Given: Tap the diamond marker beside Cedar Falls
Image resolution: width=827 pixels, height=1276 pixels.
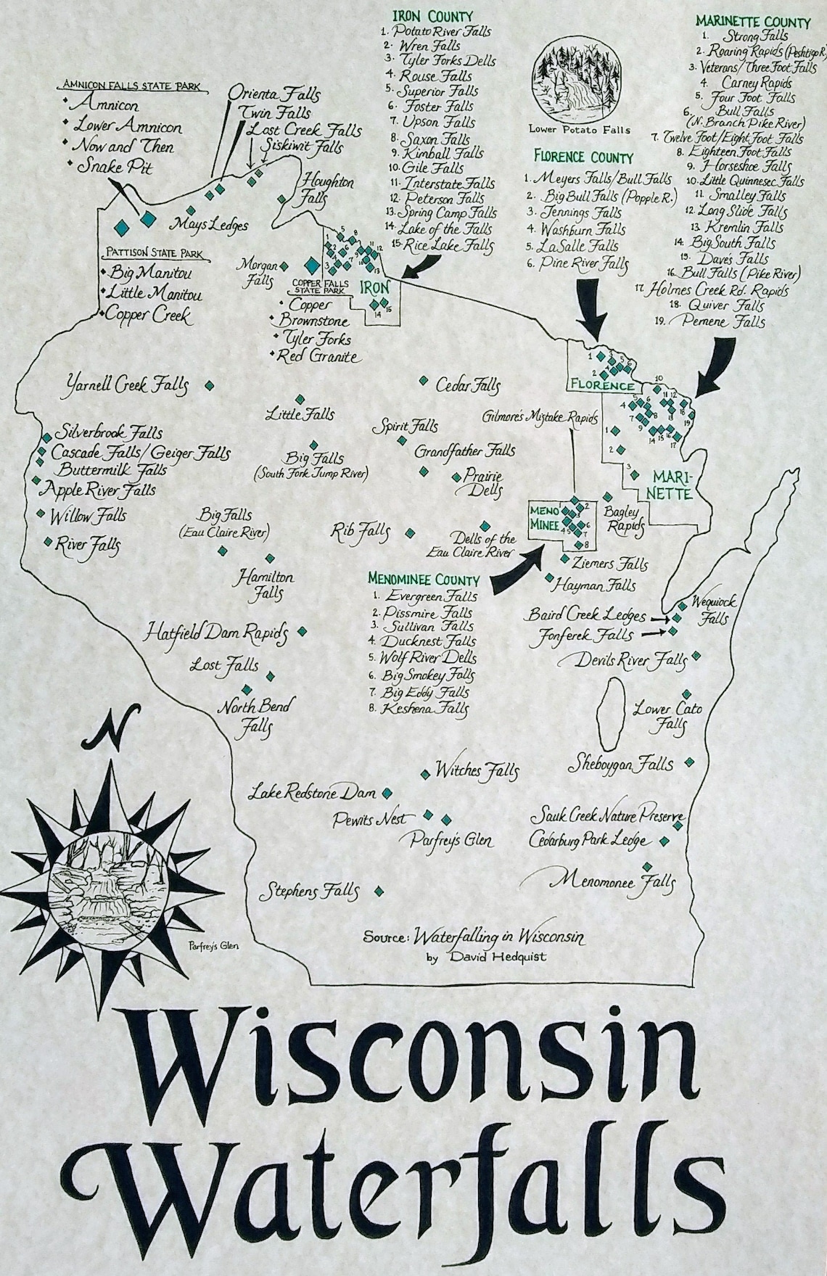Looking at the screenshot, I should click(x=422, y=380).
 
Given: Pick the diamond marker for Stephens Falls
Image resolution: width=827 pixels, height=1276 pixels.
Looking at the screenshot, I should click(x=378, y=891).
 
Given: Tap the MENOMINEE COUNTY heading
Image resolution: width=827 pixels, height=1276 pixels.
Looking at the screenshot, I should click(x=424, y=580).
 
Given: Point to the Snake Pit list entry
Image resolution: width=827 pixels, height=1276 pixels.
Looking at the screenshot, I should click(x=116, y=166).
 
